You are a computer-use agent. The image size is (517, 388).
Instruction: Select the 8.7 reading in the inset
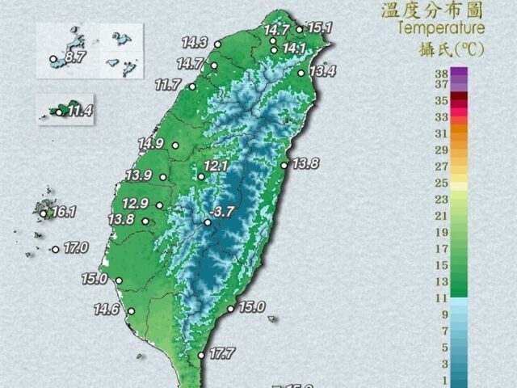(75, 57)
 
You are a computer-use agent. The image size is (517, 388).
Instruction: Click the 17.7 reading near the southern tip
(221, 353)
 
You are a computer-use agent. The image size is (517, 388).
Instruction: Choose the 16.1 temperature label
(62, 213)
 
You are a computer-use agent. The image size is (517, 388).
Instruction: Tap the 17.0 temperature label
(75, 247)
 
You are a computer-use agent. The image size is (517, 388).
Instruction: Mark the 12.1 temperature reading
(217, 166)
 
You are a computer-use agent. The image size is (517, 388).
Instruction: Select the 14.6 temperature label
(106, 309)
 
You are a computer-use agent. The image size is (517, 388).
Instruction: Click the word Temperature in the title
(441, 28)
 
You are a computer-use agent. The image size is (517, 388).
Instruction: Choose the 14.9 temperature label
(151, 144)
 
